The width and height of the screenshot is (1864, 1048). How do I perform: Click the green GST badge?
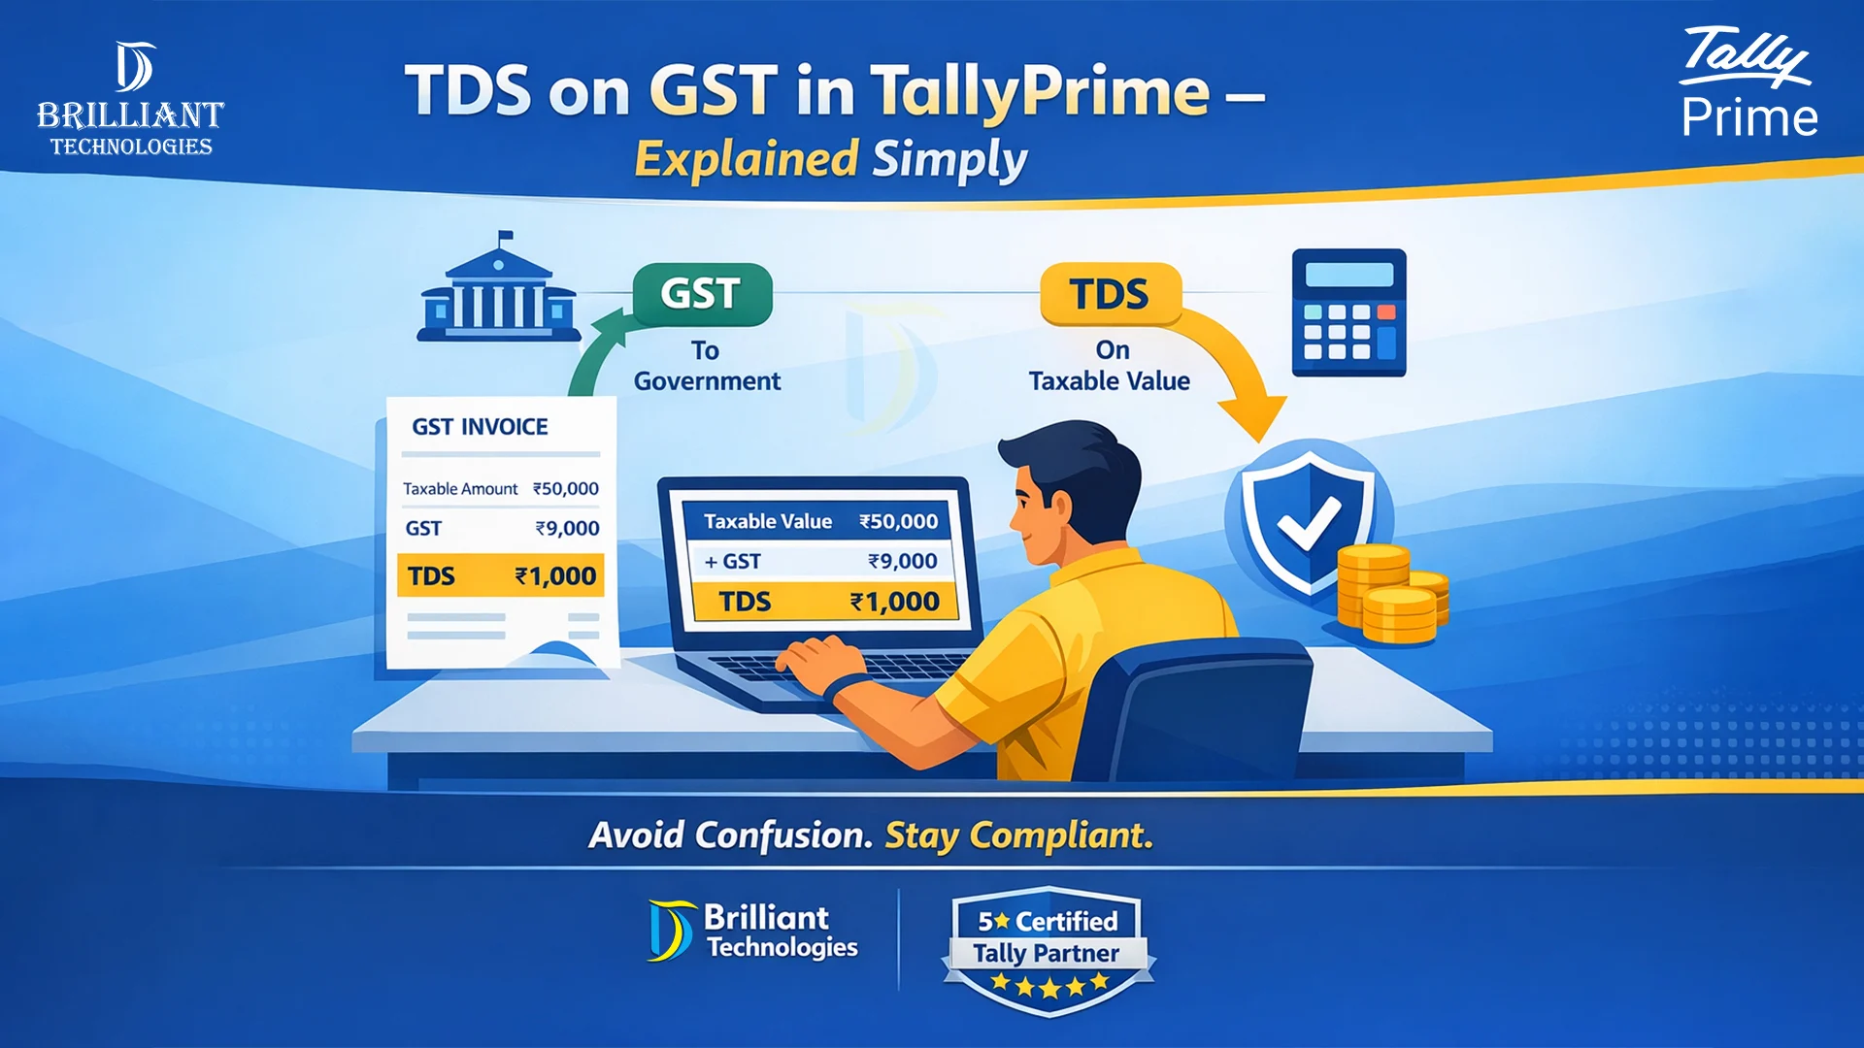pos(702,294)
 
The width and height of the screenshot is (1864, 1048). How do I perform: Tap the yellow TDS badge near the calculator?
pos(1110,294)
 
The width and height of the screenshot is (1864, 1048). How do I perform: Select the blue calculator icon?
pos(1348,312)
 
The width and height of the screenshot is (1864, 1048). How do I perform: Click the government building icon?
pos(498,291)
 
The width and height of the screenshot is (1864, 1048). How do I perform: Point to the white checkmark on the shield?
pos(1308,525)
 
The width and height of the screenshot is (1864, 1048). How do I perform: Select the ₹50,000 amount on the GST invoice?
pos(566,489)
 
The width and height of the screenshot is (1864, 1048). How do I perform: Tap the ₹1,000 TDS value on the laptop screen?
pos(894,602)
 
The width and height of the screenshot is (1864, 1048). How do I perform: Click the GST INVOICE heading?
pos(480,427)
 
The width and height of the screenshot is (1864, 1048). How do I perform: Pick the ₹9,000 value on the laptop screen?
pos(902,561)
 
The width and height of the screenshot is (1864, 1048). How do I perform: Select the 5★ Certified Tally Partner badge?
pos(1048,951)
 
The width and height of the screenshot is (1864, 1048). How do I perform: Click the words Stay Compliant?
pos(1018,835)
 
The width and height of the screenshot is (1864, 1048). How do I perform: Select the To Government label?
pos(707,366)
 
